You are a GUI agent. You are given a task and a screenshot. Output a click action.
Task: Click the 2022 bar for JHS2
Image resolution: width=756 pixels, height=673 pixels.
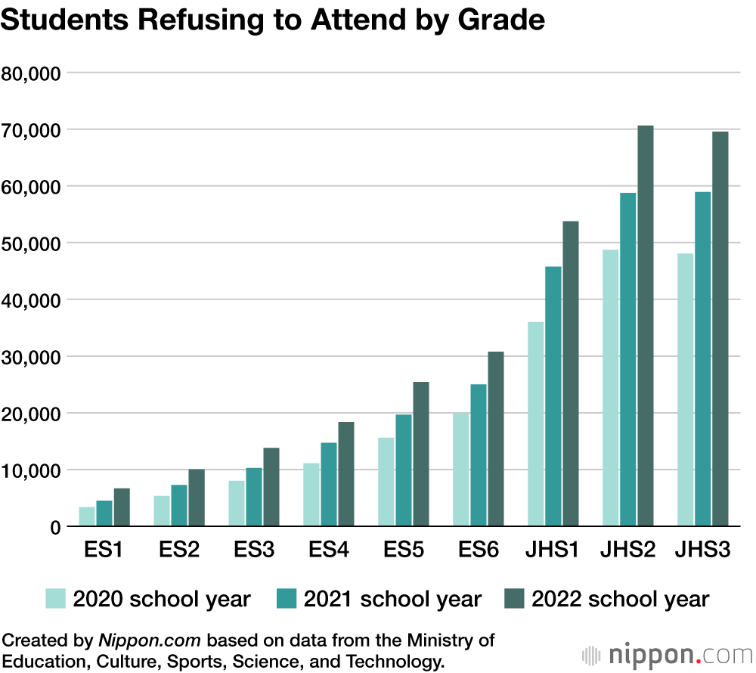pyautogui.click(x=645, y=326)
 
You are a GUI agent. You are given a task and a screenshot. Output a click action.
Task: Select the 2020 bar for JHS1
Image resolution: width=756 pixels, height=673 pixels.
pyautogui.click(x=536, y=424)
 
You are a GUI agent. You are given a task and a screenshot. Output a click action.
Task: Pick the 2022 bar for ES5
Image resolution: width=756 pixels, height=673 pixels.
pyautogui.click(x=420, y=454)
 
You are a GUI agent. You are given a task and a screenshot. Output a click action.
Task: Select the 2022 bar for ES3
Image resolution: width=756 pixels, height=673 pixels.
pyautogui.click(x=271, y=487)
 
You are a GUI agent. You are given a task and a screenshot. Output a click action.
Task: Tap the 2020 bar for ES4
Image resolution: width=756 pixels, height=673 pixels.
pyautogui.click(x=311, y=495)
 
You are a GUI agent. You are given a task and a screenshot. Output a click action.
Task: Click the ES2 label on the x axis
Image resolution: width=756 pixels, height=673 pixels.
pyautogui.click(x=179, y=550)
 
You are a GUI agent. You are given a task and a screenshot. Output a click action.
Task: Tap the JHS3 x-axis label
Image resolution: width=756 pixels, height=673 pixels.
pyautogui.click(x=702, y=550)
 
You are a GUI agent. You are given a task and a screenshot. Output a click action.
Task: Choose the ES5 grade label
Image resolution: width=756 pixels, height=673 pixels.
pyautogui.click(x=404, y=550)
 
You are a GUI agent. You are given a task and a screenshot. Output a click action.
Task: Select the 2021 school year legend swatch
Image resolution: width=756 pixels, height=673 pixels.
pyautogui.click(x=287, y=600)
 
